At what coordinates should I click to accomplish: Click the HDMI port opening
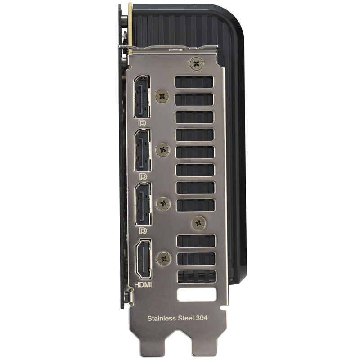pyautogui.click(x=144, y=259)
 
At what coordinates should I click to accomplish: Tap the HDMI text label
pyautogui.click(x=143, y=285)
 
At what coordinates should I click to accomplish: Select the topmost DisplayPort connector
pyautogui.click(x=142, y=96)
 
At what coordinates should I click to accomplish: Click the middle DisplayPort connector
pyautogui.click(x=143, y=150)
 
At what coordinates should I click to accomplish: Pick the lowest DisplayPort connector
pyautogui.click(x=143, y=204)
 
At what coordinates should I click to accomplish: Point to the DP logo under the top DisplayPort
pyautogui.click(x=142, y=123)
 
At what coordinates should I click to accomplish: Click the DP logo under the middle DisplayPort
pyautogui.click(x=143, y=177)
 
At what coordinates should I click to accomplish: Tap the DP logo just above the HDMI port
pyautogui.click(x=143, y=231)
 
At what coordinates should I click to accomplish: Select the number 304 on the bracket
pyautogui.click(x=202, y=318)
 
